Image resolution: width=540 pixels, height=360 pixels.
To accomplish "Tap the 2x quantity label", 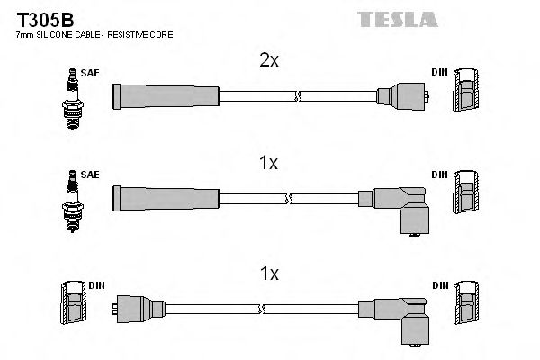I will click(268, 62).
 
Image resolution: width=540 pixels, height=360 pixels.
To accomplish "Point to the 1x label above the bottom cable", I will click(268, 271).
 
